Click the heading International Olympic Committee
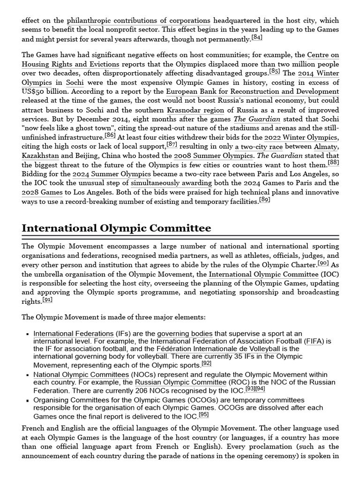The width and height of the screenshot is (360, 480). click(116, 228)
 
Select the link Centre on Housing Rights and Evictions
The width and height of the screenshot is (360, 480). click(70, 64)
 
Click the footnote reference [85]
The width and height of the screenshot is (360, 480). click(274, 72)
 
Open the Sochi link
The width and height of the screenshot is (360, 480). click(75, 82)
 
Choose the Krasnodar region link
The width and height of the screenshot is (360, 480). click(189, 110)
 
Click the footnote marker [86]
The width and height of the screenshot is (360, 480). click(110, 135)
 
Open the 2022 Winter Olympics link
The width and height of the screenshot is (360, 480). click(300, 137)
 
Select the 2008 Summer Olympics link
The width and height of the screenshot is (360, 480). click(213, 156)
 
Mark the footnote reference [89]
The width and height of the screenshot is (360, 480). click(264, 200)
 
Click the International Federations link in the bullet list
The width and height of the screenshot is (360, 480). click(73, 334)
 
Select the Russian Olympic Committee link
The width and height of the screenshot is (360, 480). click(174, 382)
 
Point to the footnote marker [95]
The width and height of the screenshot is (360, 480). click(203, 415)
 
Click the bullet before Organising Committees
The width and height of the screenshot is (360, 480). click(28, 401)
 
